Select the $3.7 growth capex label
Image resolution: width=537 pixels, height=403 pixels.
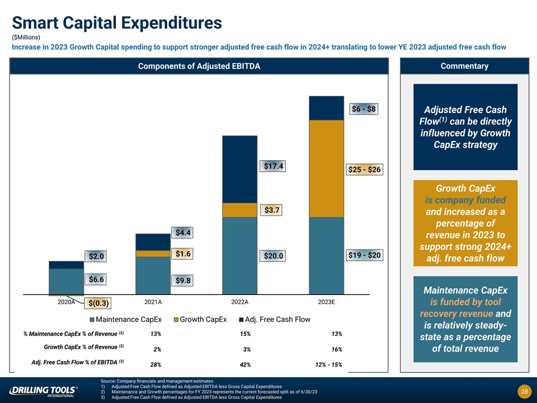269,210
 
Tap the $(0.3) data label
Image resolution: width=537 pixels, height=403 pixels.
98,303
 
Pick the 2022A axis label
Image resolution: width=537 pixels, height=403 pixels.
239,302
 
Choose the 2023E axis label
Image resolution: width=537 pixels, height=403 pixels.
326,302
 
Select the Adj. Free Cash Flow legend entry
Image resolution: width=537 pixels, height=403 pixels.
274,320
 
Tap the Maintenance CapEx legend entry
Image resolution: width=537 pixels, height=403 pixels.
126,320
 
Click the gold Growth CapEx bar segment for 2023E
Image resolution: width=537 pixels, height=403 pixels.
326,168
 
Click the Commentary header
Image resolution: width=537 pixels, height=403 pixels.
464,66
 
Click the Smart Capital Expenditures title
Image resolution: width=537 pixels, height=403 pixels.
117,23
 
